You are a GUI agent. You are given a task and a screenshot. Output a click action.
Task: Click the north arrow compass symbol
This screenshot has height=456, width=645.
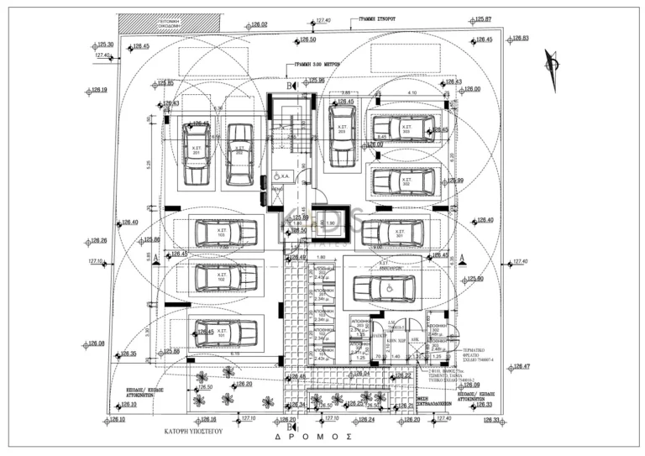click(551, 63)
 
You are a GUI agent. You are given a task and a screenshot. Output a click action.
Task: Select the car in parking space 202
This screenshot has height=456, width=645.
click(240, 155)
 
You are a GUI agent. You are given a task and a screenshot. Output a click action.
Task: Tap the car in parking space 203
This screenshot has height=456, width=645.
click(341, 134)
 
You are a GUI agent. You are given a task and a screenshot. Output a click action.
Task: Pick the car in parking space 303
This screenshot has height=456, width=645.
click(405, 129)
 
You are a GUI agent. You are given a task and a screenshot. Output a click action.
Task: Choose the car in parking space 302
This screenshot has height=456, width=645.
click(405, 181)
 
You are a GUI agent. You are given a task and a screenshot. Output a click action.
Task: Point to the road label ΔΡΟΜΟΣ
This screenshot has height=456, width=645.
click(312, 438)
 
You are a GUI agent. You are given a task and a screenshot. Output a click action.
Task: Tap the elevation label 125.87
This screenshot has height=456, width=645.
click(483, 18)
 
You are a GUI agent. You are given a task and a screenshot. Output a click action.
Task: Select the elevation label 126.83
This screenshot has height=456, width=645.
click(520, 39)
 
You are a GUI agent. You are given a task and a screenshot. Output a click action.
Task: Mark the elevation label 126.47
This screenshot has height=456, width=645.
click(522, 367)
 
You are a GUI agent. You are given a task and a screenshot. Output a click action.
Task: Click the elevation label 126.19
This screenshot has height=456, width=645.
click(99, 90)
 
